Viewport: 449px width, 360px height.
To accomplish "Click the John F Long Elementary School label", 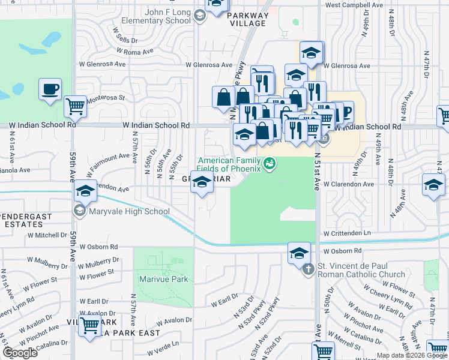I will [160, 16].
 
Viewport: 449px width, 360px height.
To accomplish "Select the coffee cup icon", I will [50, 89].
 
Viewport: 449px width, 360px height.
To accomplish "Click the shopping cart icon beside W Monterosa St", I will [75, 107].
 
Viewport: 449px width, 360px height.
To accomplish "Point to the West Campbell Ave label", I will [354, 5].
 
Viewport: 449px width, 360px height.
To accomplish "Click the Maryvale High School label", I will [128, 211].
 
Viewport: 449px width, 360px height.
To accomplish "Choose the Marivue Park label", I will [161, 279].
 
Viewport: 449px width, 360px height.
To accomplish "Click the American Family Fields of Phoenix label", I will [230, 164].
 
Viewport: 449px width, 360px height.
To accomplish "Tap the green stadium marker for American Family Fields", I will [270, 162].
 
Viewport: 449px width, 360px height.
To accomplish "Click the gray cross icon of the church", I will [309, 269].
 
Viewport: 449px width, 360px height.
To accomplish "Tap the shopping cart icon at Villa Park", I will [90, 326].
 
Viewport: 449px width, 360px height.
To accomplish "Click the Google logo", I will [20, 353].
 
